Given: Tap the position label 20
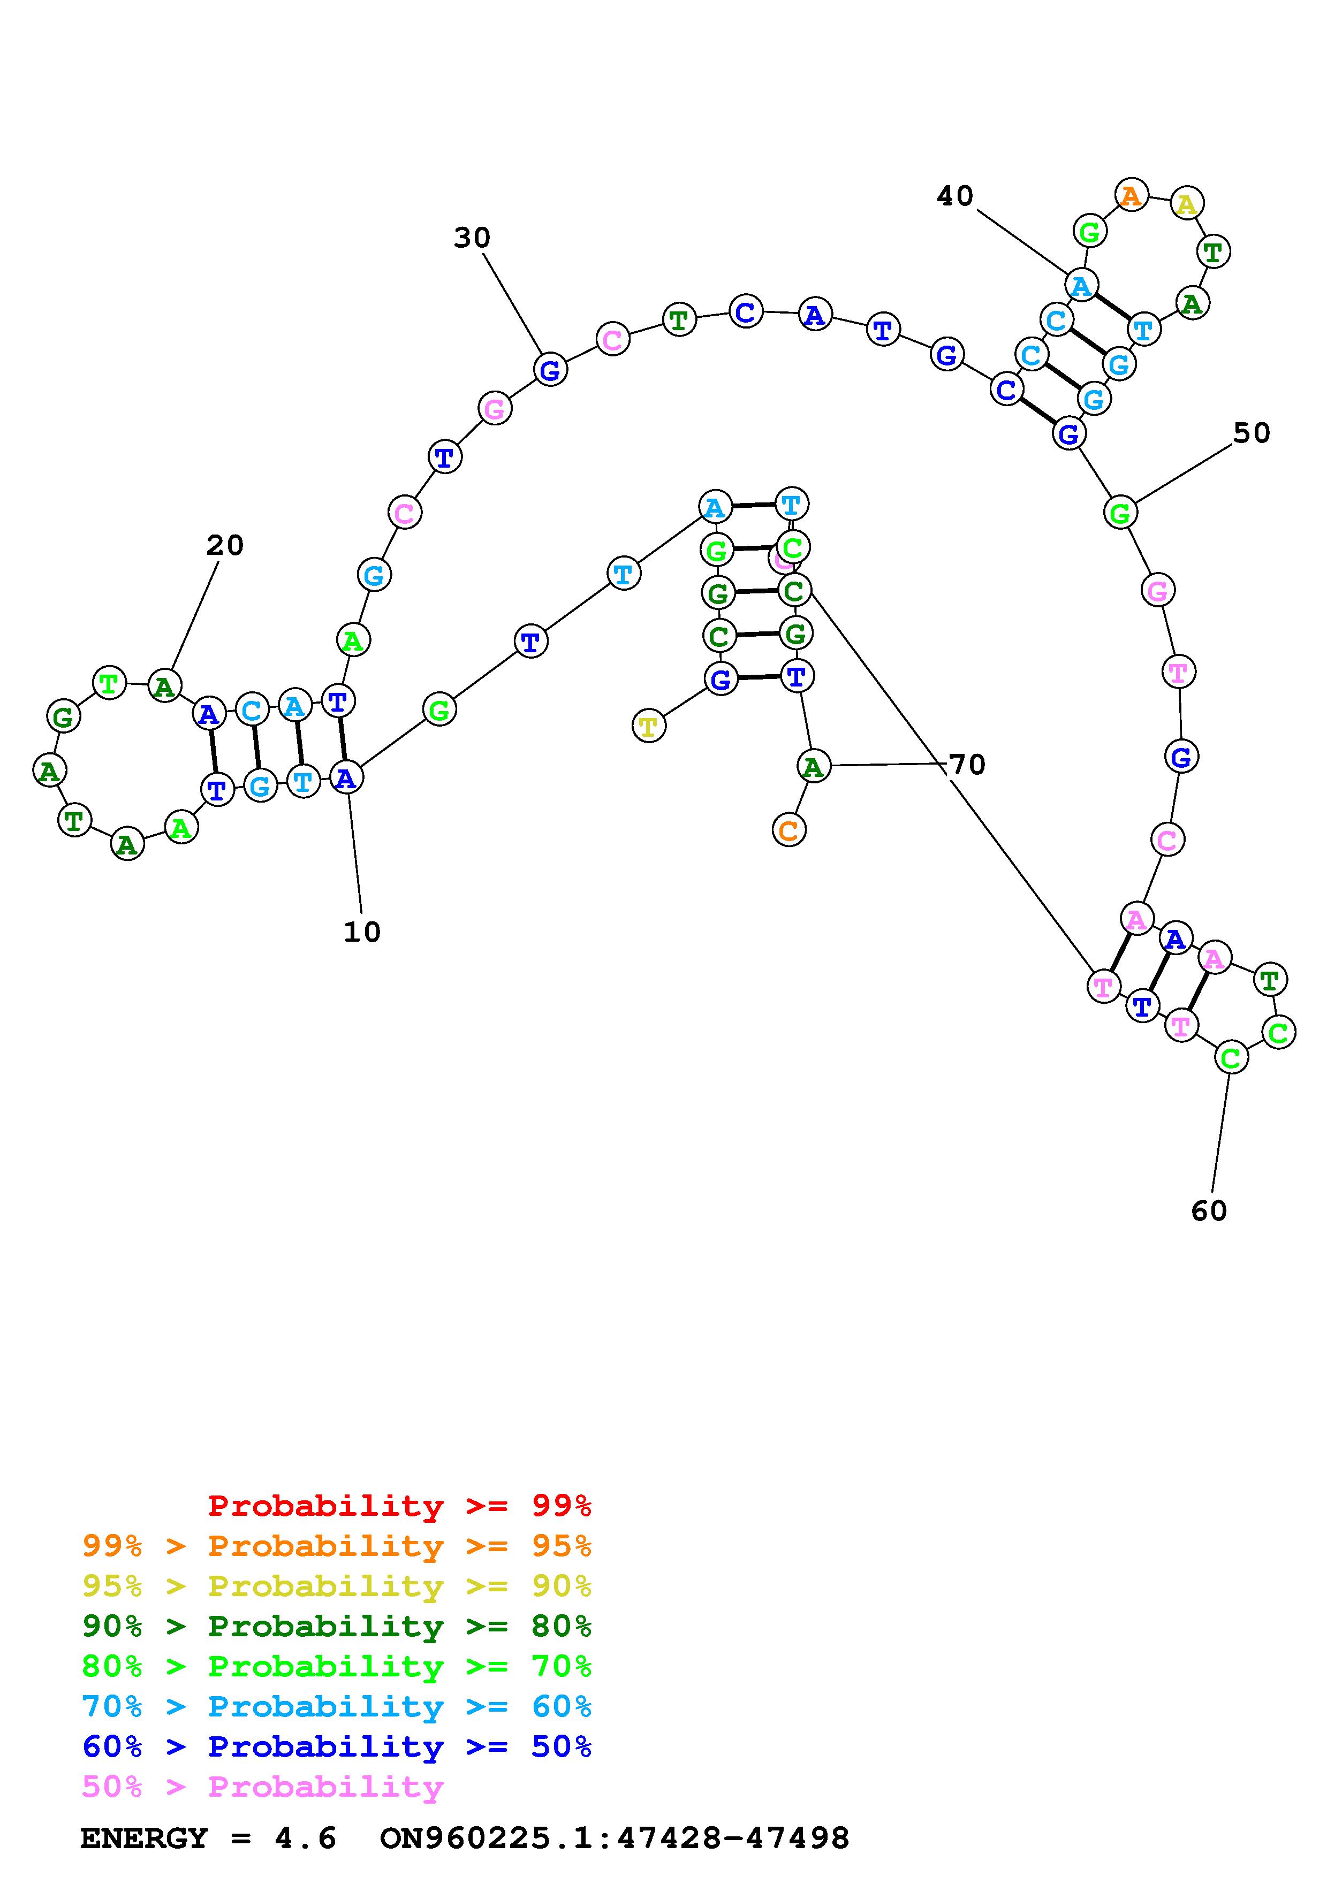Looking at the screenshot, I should [x=225, y=545].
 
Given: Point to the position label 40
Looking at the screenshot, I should [x=955, y=196].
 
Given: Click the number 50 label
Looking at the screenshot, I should [x=1251, y=433].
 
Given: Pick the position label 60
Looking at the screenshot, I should [x=1209, y=1211].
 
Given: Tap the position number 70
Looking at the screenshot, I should [x=967, y=765].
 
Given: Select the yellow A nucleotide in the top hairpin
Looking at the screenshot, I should [x=1186, y=203].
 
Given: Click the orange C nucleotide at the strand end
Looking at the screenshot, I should [x=788, y=830].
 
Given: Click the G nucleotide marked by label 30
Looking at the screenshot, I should [x=550, y=370].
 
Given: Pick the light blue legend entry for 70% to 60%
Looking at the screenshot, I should [x=336, y=1706].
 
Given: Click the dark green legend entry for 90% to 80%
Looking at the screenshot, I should [x=336, y=1626].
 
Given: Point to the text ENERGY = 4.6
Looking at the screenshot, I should [x=208, y=1838].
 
